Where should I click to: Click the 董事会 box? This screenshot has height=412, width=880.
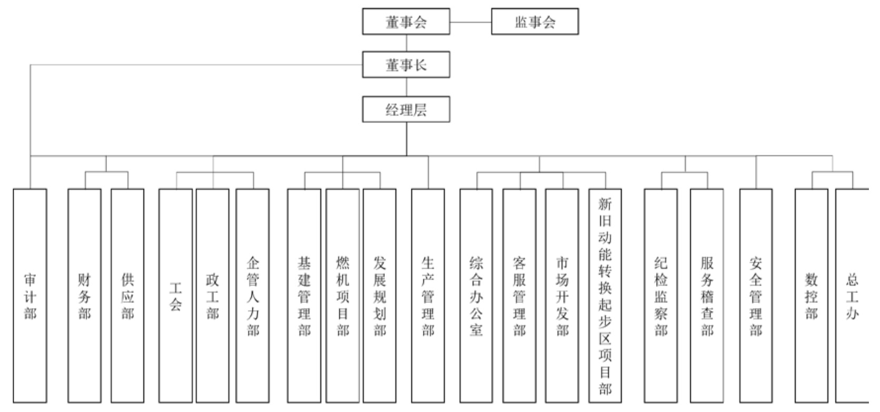point(406,22)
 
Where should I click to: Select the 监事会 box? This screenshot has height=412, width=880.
point(535,22)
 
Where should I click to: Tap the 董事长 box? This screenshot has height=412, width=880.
point(406,65)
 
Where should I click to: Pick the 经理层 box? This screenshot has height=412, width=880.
point(406,110)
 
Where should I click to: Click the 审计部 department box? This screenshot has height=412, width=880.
point(30,296)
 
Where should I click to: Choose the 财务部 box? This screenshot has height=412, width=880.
point(84,296)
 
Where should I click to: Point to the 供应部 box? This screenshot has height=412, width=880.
point(127,296)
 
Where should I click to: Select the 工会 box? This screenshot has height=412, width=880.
point(175,296)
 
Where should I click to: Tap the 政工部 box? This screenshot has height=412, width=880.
point(213,296)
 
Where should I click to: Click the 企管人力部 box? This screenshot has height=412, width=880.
point(253,296)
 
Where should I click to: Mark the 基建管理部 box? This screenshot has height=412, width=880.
point(304,296)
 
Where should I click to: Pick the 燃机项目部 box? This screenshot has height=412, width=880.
point(343,296)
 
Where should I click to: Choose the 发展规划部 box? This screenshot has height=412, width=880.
point(379,296)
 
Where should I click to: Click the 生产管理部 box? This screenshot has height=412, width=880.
point(428,296)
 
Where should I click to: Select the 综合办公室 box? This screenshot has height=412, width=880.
point(476,296)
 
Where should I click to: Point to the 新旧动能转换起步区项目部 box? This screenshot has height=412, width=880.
point(605,296)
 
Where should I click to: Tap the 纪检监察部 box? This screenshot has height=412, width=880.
point(661,296)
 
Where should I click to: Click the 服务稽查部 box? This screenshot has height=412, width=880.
point(707,296)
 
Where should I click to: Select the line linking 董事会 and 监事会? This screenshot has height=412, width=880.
point(471,22)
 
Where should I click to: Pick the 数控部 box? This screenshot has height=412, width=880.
point(812,296)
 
